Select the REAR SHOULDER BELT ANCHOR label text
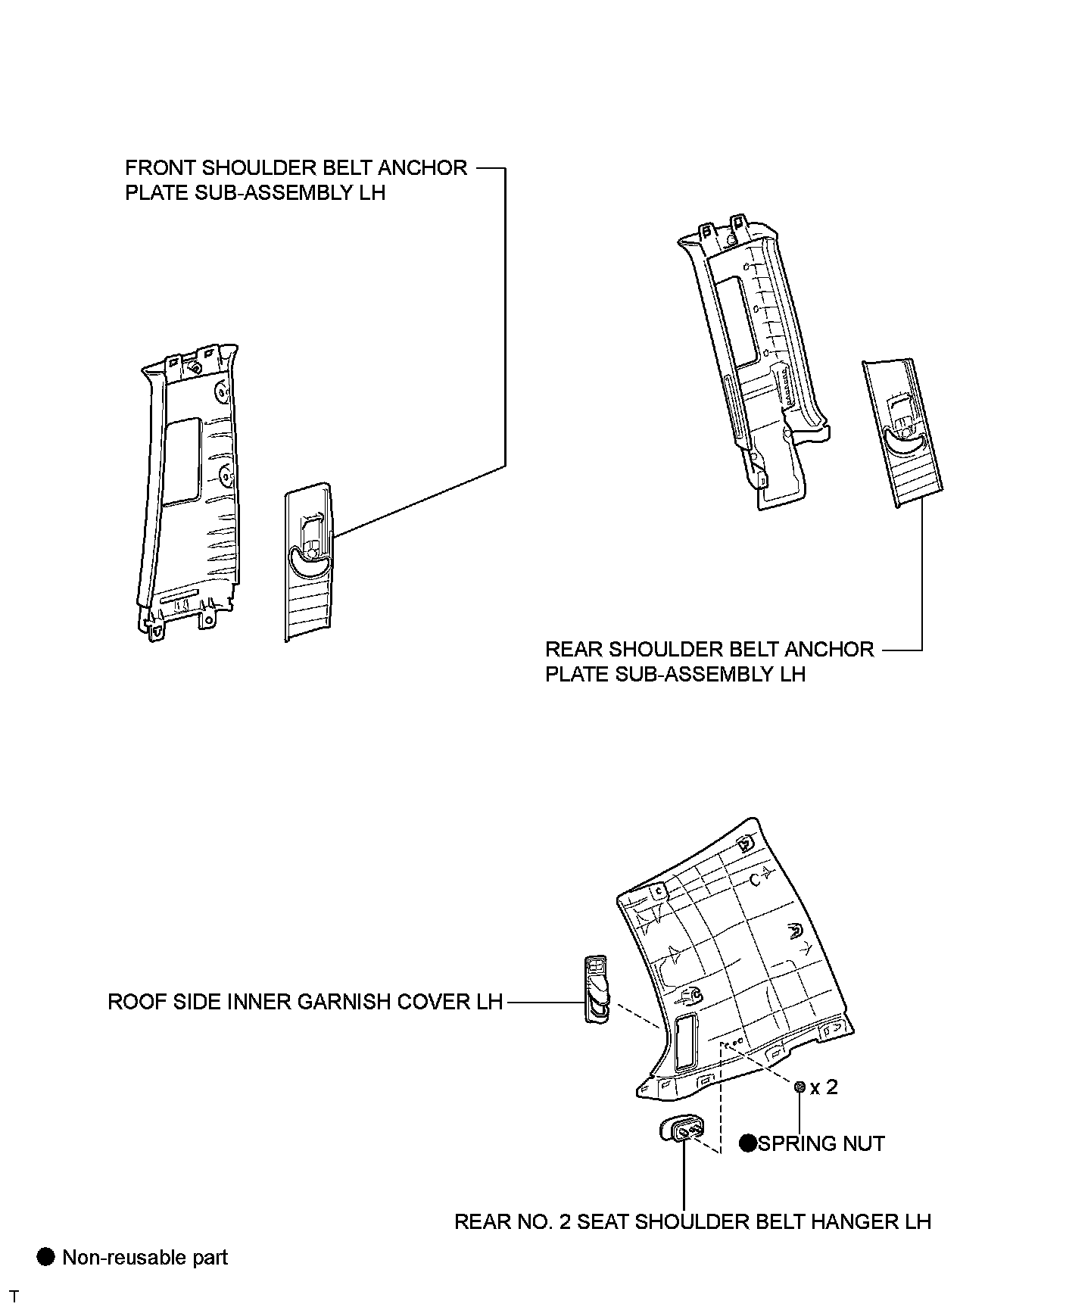pyautogui.click(x=709, y=650)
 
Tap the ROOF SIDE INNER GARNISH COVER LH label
pyautogui.click(x=305, y=1002)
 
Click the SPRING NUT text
pyautogui.click(x=821, y=1143)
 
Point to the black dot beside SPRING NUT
pyautogui.click(x=749, y=1143)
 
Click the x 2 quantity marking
pyautogui.click(x=824, y=1087)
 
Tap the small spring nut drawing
pyautogui.click(x=799, y=1087)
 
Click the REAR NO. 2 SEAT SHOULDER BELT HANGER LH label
pyautogui.click(x=692, y=1221)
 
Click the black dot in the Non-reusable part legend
pyautogui.click(x=46, y=1257)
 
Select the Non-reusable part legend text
pyautogui.click(x=145, y=1258)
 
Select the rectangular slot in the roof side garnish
pyautogui.click(x=684, y=1043)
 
